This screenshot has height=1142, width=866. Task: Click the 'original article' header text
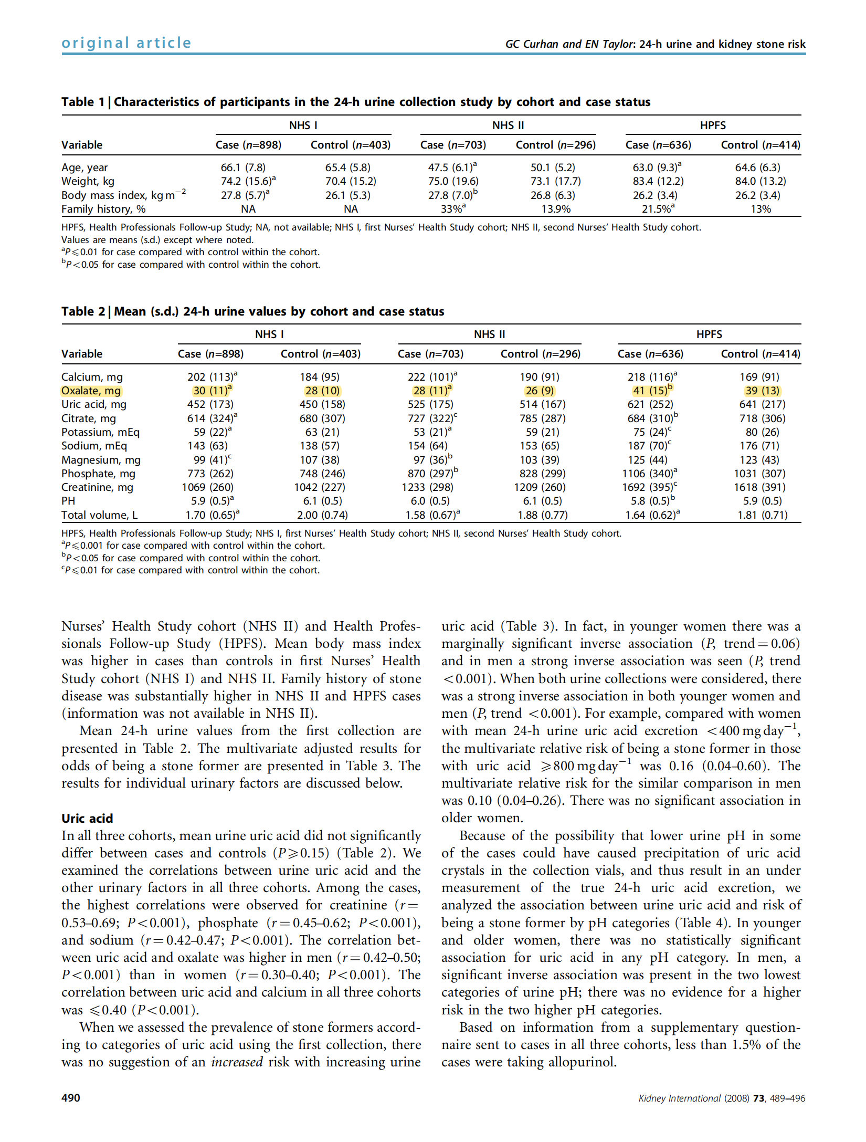126,43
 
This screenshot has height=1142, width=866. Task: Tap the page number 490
71,1098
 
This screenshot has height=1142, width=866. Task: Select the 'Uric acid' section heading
87,818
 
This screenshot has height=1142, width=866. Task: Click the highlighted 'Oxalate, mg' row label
91,391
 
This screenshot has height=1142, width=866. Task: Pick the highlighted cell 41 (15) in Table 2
651,391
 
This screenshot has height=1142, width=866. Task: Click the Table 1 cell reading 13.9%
556,209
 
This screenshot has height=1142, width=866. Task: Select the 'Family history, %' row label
103,209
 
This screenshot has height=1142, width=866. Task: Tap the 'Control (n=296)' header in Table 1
555,145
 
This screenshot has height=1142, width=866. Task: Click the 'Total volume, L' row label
99,515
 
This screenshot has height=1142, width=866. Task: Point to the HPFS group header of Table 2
709,334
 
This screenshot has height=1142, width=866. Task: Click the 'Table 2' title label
85,311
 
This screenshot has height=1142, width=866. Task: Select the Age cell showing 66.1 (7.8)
243,167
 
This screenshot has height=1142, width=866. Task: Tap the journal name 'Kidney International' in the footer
680,1098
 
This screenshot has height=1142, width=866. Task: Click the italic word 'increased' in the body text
237,1062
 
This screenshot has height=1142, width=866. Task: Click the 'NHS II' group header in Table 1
508,125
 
